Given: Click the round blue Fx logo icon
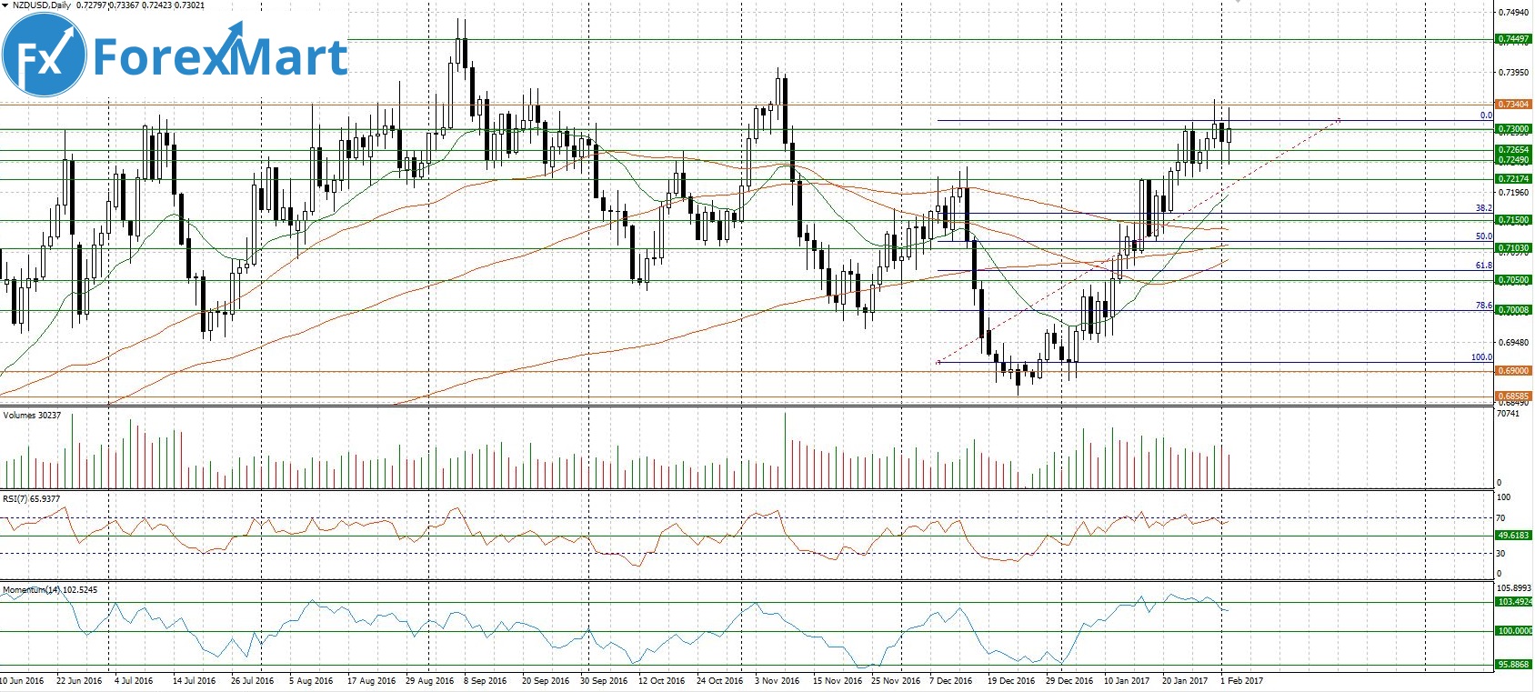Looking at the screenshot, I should click(45, 56).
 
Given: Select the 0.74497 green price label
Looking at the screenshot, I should click(1513, 39).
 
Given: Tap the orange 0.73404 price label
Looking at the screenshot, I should click(1513, 105).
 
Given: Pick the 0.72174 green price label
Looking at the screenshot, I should click(1513, 179).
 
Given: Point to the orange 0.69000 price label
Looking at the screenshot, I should click(1513, 371).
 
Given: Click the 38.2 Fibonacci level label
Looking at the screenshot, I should click(1483, 208).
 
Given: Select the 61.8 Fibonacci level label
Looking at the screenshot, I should click(1483, 266).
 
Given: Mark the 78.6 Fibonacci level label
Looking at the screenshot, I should click(1483, 306).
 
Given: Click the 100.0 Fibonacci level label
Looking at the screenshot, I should click(1481, 357).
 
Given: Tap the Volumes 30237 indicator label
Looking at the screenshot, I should click(32, 416).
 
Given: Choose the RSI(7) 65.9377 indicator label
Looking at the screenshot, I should click(31, 498).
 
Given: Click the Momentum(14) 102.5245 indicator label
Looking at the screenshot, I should click(50, 589).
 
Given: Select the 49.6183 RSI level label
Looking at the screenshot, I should click(1513, 536).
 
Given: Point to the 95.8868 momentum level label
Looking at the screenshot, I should click(1513, 665).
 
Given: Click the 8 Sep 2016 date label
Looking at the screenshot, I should click(485, 680).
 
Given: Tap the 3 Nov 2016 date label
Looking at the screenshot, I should click(778, 680).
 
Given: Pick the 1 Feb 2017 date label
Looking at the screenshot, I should click(1241, 680).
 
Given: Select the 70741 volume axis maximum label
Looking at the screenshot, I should click(1508, 414).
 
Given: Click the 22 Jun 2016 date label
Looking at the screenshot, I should click(79, 680).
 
